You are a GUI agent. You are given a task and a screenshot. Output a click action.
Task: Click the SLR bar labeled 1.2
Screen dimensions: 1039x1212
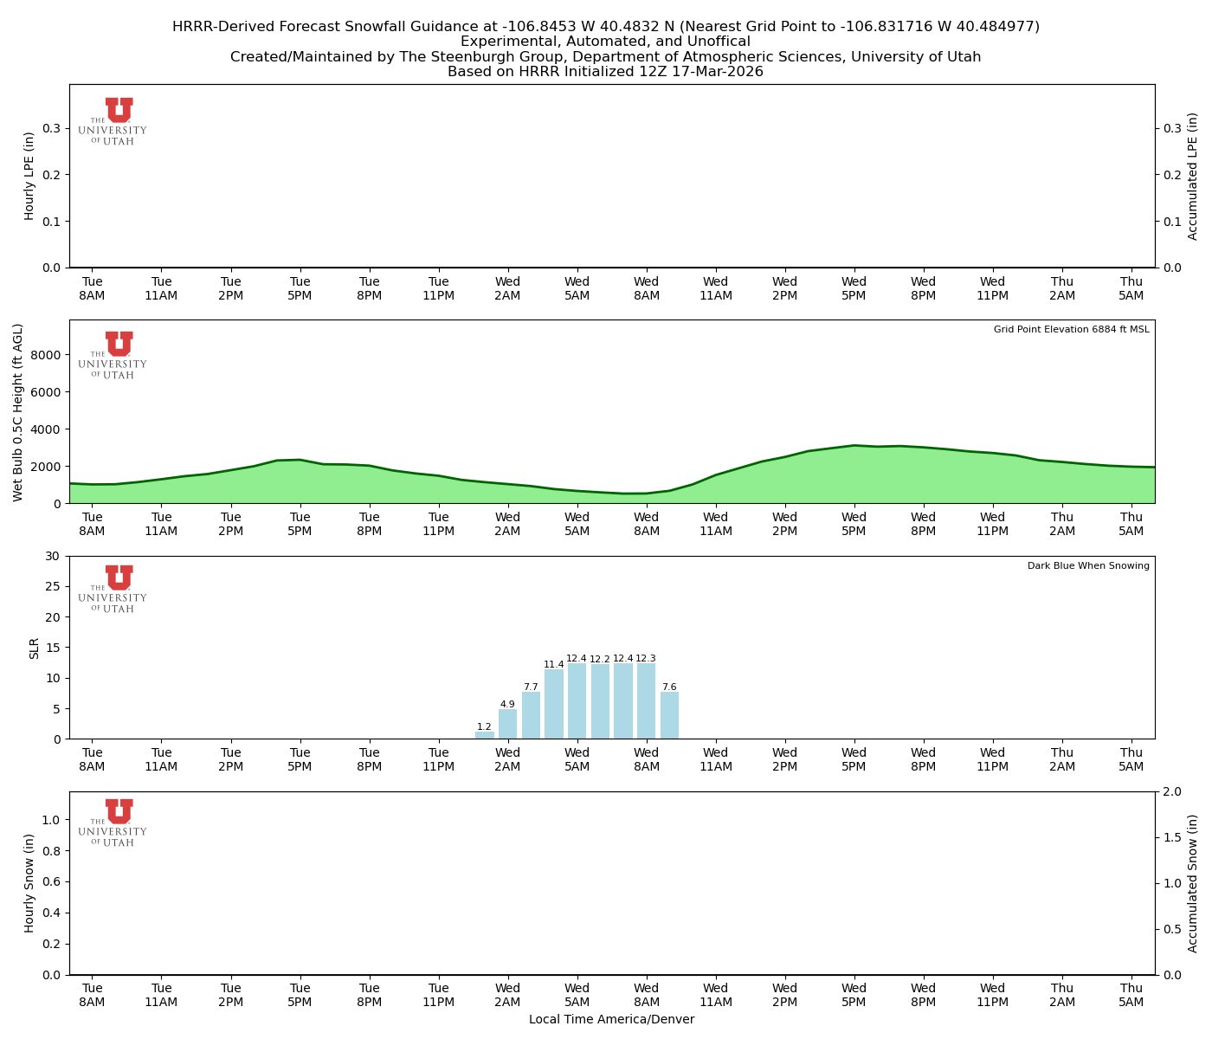485,735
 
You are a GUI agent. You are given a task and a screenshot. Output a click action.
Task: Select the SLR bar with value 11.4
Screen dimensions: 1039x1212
554,704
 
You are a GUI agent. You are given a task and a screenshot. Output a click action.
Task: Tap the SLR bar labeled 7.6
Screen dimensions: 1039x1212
669,715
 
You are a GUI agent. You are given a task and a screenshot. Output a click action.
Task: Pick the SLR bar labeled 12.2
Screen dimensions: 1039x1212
600,701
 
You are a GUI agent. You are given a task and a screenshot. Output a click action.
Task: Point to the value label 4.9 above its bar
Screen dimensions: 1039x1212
507,704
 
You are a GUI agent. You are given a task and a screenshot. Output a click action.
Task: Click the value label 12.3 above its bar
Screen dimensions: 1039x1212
646,659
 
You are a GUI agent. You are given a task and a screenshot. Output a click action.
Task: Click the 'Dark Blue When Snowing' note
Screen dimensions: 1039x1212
1088,566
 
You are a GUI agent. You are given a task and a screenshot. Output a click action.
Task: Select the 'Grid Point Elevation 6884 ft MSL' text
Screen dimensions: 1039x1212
1071,330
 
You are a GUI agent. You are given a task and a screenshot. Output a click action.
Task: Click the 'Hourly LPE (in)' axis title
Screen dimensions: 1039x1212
29,176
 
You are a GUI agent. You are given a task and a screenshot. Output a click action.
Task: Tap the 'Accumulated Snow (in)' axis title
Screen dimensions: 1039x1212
1193,883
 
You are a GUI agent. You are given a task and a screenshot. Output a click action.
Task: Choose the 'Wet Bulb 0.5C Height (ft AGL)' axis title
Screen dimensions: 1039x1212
18,412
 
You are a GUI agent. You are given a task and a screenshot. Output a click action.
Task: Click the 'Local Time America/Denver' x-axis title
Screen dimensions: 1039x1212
611,1019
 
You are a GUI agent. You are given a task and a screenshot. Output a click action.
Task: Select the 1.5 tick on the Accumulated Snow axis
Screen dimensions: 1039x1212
1170,837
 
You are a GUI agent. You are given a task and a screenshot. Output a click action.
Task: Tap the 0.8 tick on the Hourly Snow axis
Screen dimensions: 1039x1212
52,851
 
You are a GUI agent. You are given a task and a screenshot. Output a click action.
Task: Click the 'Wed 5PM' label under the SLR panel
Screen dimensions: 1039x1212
854,759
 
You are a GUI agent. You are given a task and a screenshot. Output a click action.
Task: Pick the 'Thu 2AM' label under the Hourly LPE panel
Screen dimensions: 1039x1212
1061,288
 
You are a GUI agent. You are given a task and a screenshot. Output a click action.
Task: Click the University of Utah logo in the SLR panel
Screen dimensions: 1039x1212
113,589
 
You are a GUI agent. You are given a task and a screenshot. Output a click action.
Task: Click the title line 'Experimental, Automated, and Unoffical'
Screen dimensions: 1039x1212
605,42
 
